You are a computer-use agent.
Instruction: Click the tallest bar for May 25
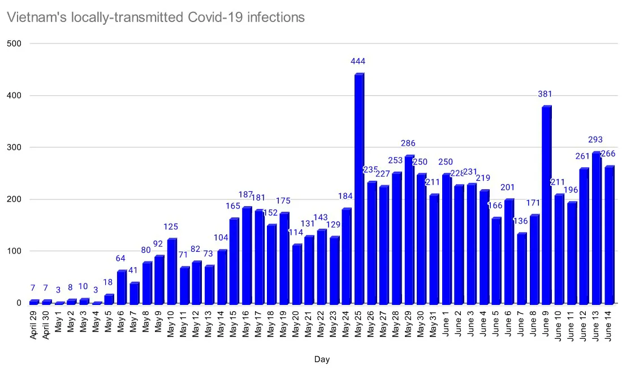coord(359,189)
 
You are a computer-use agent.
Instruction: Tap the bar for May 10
coord(172,272)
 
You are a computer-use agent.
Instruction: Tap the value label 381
coord(546,94)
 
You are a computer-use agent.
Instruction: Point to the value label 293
coord(595,139)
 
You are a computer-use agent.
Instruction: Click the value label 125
coord(171,226)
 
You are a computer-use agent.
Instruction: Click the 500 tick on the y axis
coord(14,43)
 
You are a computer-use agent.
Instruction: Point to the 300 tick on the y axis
coord(14,147)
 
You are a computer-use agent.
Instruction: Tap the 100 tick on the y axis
coord(14,251)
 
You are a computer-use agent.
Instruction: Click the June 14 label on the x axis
coord(608,324)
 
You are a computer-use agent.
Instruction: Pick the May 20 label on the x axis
coord(296,324)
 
